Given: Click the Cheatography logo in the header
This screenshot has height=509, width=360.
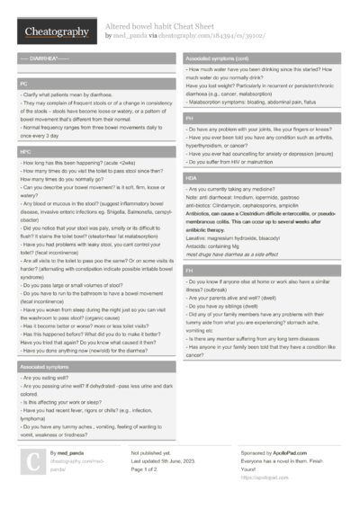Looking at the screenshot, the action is click(x=52, y=32).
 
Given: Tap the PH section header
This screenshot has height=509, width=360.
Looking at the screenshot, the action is click(x=190, y=118).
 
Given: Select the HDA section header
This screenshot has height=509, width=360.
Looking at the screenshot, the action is click(x=192, y=179).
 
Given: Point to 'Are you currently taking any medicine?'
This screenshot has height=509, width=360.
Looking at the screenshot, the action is click(x=239, y=190).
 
